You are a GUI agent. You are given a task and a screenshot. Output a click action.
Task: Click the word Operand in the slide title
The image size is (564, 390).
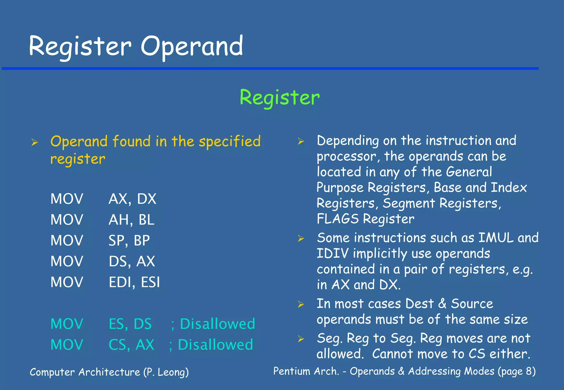(x=192, y=47)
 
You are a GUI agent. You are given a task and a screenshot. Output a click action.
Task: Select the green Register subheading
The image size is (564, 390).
(x=280, y=98)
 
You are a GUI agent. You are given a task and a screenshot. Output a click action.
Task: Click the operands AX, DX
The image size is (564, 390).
(x=132, y=199)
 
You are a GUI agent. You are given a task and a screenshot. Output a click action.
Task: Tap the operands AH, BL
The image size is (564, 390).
(x=131, y=220)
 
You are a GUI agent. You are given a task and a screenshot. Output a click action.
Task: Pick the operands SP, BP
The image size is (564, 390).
(x=129, y=240)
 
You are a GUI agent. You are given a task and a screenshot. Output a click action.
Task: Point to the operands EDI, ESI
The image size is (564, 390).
(x=134, y=282)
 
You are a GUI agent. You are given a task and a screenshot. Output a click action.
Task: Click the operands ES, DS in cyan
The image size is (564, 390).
(x=130, y=324)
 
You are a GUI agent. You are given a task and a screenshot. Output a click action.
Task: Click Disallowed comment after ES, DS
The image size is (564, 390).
(x=217, y=324)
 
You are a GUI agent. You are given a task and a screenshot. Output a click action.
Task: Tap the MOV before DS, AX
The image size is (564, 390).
(x=67, y=261)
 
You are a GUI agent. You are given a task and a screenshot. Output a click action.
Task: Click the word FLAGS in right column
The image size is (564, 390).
(x=338, y=219)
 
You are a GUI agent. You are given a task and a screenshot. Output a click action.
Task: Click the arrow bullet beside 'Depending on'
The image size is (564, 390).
(x=301, y=142)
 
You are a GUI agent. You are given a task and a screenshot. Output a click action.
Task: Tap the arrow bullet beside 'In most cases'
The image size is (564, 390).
(x=301, y=304)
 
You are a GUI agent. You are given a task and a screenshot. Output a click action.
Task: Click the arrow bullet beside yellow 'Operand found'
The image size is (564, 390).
(x=34, y=142)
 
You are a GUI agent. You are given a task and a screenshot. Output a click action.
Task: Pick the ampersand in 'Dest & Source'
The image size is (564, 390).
(x=442, y=304)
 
